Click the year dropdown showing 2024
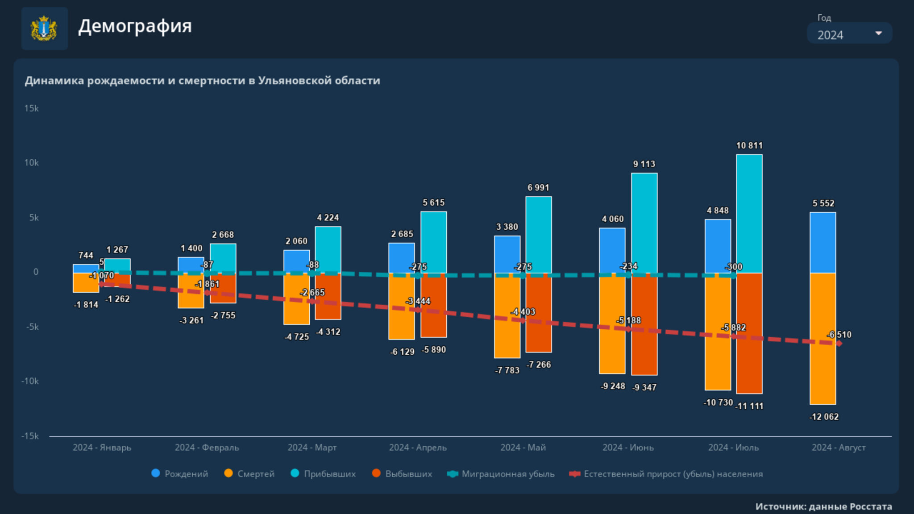(849, 34)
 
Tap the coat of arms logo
(44, 29)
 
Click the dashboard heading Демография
(135, 26)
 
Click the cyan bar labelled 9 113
(644, 223)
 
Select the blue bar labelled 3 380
(507, 254)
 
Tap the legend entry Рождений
(180, 474)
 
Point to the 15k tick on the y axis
(31, 108)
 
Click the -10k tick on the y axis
(30, 381)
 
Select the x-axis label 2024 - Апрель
(418, 448)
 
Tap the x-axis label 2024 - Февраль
(207, 448)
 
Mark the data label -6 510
(839, 335)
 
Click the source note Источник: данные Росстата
(823, 506)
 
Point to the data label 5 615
(434, 203)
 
